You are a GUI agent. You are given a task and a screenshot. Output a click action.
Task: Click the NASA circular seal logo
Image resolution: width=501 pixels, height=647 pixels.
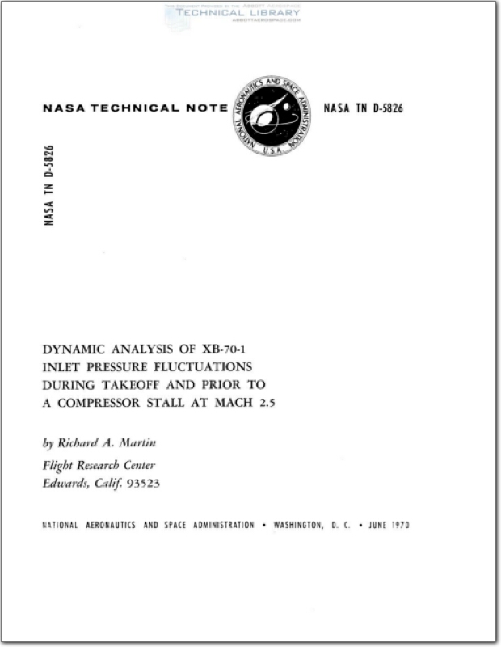pos(272,116)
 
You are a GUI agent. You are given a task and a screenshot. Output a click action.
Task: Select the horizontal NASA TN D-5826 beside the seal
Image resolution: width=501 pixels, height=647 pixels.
pos(363,109)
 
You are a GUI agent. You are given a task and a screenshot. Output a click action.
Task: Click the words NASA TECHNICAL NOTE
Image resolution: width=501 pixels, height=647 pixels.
pos(133,109)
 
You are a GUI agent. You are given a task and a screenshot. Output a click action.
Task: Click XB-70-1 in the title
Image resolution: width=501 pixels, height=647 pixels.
pos(229,349)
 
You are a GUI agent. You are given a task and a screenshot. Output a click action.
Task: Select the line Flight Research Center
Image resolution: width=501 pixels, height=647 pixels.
pos(98,465)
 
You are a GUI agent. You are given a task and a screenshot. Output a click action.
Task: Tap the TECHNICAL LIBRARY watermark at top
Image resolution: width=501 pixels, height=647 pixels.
pos(232,13)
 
